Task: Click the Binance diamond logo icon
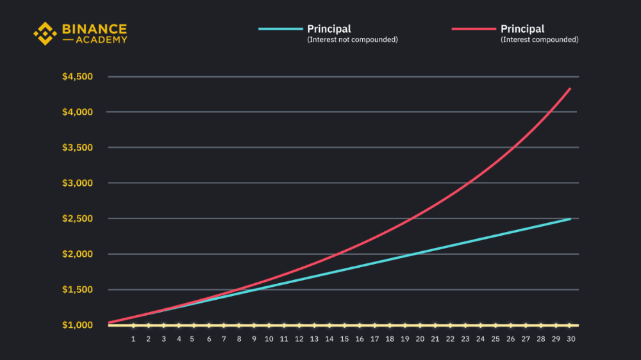[x=45, y=33]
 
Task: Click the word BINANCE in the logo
[x=94, y=29]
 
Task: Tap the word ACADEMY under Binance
[x=103, y=40]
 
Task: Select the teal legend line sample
[x=280, y=29]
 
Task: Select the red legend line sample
[x=474, y=29]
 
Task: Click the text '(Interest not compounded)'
[x=353, y=40]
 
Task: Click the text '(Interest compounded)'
[x=540, y=40]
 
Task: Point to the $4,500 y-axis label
[x=78, y=77]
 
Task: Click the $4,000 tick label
[x=78, y=112]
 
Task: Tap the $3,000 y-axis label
[x=78, y=183]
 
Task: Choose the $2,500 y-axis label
[x=78, y=218]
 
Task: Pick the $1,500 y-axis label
[x=78, y=290]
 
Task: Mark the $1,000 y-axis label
[x=78, y=325]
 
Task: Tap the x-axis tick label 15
[x=344, y=338]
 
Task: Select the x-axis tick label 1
[x=133, y=338]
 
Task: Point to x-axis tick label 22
[x=450, y=338]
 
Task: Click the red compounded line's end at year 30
[x=570, y=88]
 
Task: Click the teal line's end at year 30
[x=570, y=218]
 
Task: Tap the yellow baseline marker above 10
[x=269, y=325]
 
